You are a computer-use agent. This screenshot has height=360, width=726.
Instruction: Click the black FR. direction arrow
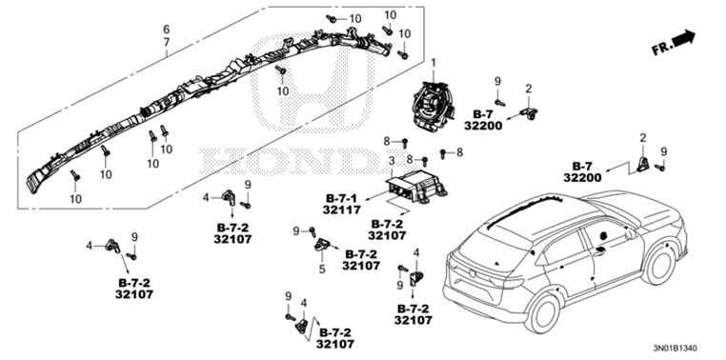(684, 38)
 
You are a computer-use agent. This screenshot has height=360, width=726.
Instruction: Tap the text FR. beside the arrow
(661, 49)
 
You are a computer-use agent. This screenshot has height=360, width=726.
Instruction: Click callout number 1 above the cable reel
(434, 62)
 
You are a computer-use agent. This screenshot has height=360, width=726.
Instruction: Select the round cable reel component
(433, 106)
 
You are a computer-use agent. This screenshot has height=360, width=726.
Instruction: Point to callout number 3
(392, 161)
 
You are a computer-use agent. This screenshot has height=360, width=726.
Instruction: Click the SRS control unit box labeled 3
(416, 187)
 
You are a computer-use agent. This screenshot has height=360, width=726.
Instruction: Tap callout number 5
(322, 269)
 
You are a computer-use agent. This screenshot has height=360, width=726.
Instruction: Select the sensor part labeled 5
(322, 244)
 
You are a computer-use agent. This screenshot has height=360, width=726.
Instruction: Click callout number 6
(166, 30)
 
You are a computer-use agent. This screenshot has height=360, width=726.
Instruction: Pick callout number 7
(166, 42)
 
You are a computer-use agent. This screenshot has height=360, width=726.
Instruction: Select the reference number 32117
(342, 210)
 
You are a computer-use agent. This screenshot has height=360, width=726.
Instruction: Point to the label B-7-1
(342, 198)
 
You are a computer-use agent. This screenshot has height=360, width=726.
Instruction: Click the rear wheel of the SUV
(542, 312)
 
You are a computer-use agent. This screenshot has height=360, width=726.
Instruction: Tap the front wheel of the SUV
(659, 267)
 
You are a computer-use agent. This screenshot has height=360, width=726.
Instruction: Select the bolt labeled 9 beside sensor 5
(313, 230)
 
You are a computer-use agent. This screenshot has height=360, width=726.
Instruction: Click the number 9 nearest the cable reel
(497, 82)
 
